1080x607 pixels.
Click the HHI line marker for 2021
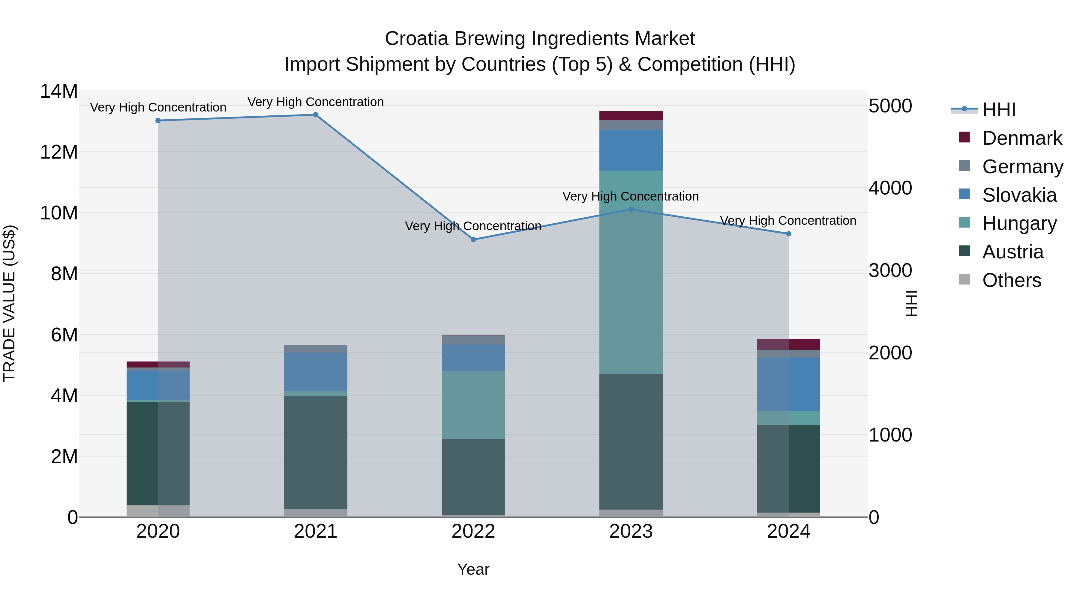pos(316,115)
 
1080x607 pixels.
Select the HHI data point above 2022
pos(473,240)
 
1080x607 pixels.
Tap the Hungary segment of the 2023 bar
pos(631,272)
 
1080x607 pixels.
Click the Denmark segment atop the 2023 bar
pos(631,116)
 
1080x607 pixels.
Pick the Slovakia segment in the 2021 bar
pos(316,372)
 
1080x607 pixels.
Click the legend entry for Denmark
pos(1022,138)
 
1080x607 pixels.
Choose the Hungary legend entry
pos(1019,223)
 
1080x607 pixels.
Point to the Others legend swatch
pos(964,279)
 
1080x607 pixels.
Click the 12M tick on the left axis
pos(59,152)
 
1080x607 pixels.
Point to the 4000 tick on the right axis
pos(890,188)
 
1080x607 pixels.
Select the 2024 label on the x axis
pos(788,531)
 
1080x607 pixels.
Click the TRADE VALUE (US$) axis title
pos(9,303)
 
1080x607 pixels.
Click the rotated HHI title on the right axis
pos(911,303)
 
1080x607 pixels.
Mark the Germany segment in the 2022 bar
pos(473,340)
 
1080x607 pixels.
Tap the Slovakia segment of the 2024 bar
pos(788,384)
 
